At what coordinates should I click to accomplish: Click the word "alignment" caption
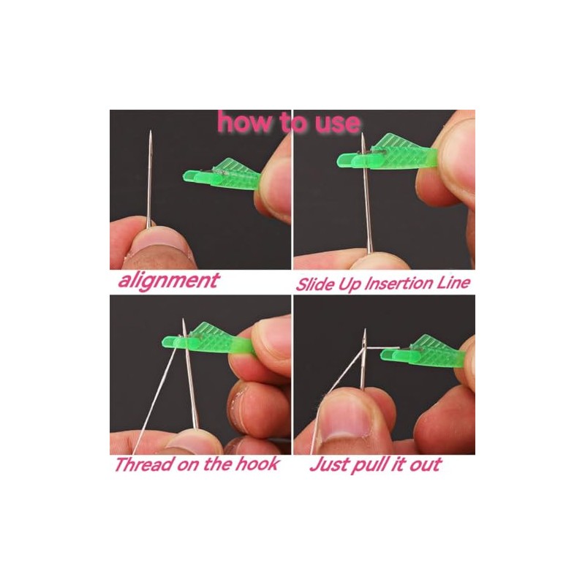(167, 280)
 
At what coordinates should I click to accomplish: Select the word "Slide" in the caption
(315, 283)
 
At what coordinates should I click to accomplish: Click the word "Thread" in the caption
(142, 464)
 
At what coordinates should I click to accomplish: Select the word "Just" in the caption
(328, 464)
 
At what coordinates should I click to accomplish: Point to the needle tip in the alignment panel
(150, 135)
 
